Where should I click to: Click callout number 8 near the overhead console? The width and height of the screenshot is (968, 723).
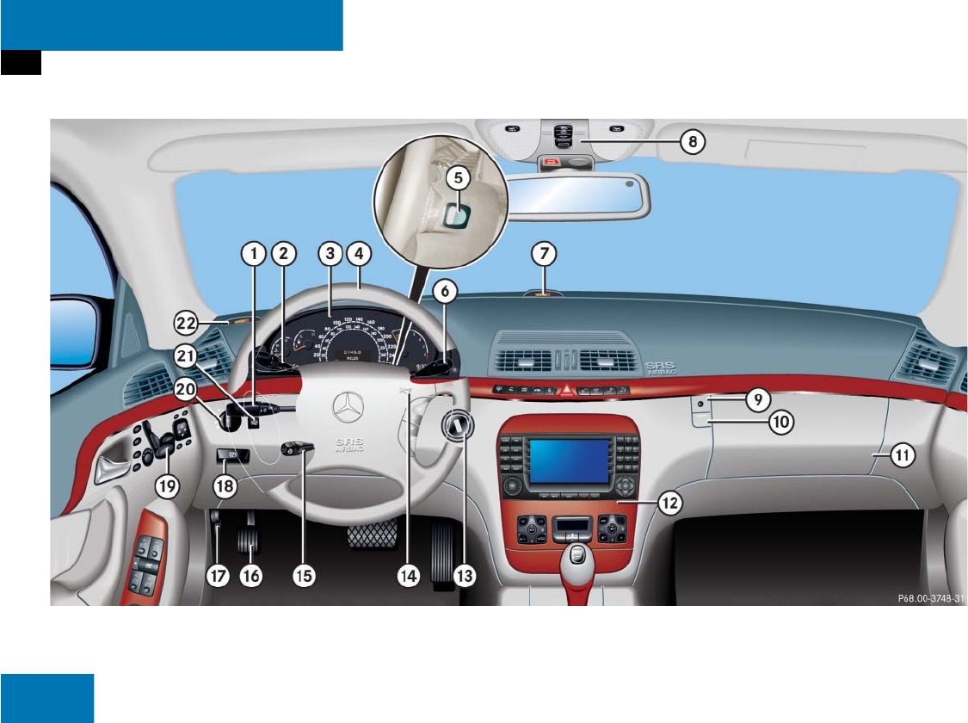tap(692, 142)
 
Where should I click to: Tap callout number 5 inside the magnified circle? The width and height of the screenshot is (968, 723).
tap(458, 177)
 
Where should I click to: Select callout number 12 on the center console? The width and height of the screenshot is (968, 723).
tap(670, 502)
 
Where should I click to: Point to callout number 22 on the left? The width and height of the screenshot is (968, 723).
tap(187, 324)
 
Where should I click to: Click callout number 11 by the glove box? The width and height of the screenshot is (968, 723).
tap(900, 457)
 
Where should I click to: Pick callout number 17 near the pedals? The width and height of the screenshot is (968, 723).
tap(218, 576)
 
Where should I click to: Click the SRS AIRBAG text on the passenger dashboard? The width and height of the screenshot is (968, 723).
tap(662, 368)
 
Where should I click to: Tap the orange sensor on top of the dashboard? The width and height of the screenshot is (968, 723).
tap(544, 292)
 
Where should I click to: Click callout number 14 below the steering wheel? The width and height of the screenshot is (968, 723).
tap(408, 576)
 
